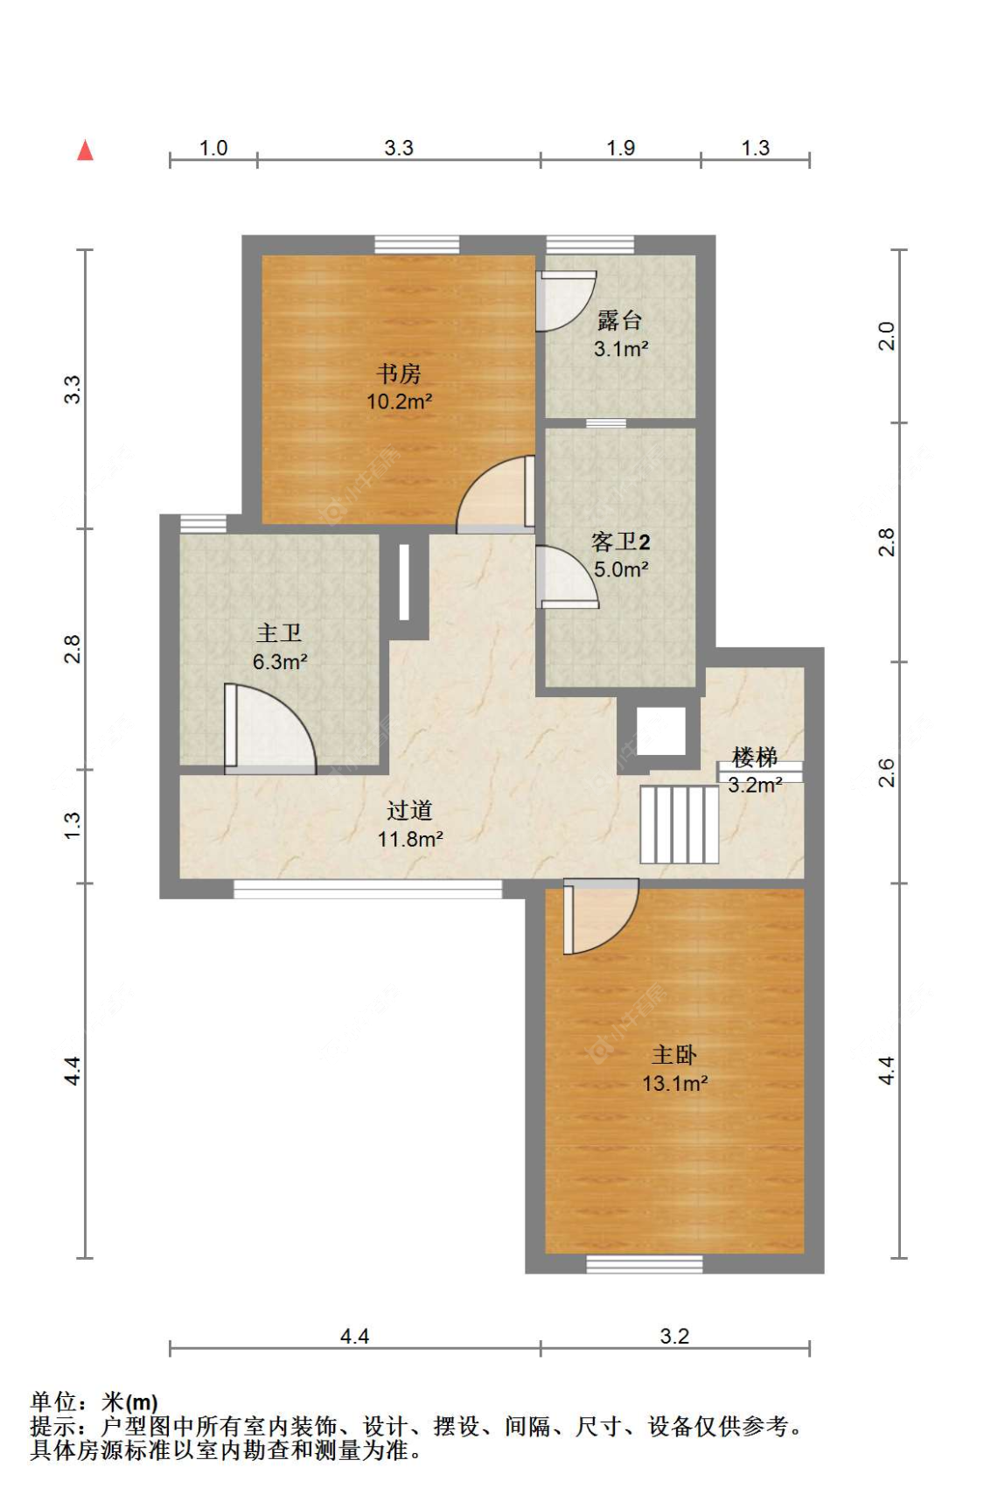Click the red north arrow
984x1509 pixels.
pos(85,150)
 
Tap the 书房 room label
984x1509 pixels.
pos(399,374)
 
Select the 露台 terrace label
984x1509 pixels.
pos(620,320)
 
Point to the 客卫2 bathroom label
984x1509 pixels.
pos(621,542)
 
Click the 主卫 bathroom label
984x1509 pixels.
pos(279,633)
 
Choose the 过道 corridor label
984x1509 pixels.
pos(409,811)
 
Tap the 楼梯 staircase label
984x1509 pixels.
pos(754,757)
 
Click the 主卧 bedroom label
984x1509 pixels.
pos(674,1055)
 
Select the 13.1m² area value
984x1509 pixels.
pos(674,1084)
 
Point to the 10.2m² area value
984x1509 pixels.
pos(399,402)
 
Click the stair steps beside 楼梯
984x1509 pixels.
pos(679,824)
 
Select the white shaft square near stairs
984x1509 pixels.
pos(660,730)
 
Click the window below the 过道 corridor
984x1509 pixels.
pos(368,890)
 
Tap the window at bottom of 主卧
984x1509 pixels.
pos(644,1264)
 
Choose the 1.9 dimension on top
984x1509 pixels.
pos(621,148)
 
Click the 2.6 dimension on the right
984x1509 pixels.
pos(887,772)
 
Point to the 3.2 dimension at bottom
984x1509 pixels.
pos(674,1336)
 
